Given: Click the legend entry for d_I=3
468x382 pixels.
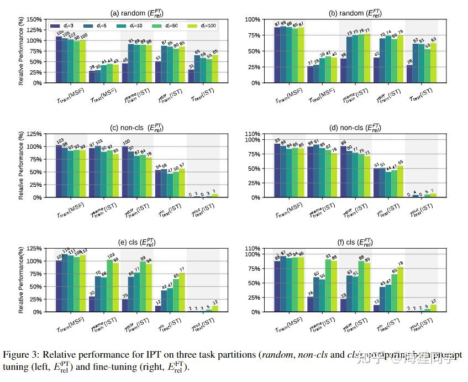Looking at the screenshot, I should point(62,25).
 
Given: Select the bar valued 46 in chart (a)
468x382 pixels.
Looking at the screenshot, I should point(125,73).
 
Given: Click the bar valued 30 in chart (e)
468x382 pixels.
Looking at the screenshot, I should point(91,304).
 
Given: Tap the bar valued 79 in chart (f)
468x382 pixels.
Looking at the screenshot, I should point(401,289).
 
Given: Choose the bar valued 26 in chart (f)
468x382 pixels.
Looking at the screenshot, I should point(310,305).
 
